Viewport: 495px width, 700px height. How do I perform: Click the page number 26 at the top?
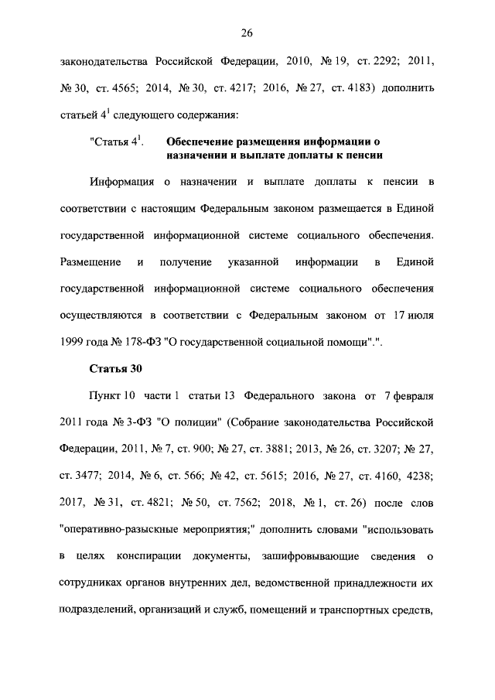point(247,32)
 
